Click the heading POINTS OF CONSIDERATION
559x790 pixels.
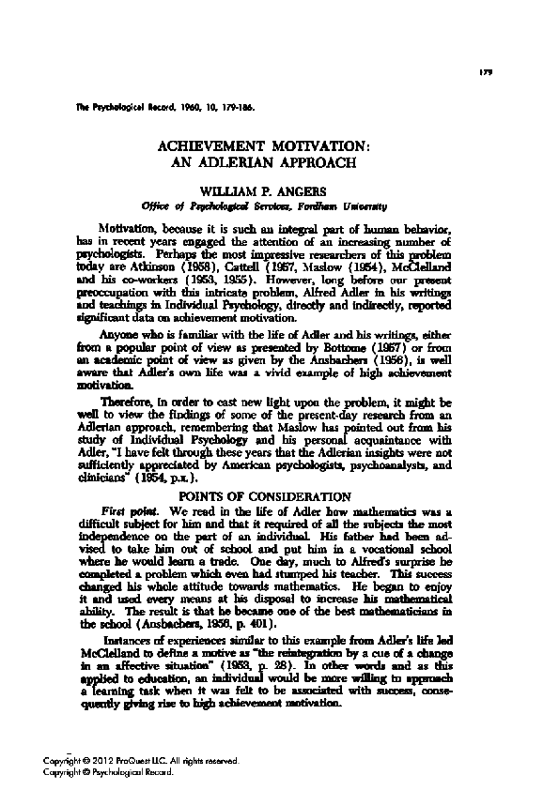[281, 495]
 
